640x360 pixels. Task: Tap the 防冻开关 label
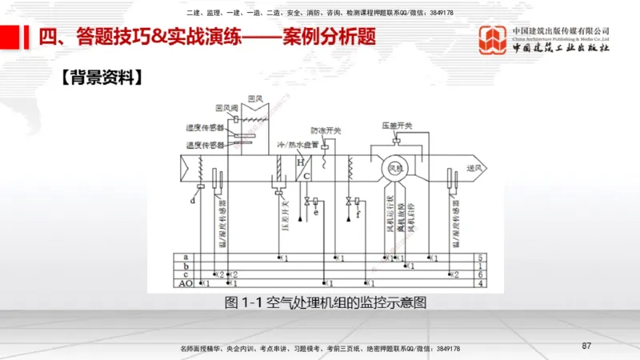click(x=326, y=130)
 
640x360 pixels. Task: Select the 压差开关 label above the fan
click(x=397, y=126)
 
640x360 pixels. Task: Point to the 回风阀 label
click(x=226, y=108)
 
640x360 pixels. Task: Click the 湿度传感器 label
click(x=202, y=126)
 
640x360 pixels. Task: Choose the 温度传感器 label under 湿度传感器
click(x=202, y=145)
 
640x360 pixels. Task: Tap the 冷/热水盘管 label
click(x=298, y=145)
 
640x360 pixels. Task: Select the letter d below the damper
click(x=193, y=201)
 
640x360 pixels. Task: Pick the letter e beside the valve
click(x=316, y=213)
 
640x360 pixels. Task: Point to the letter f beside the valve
click(x=358, y=213)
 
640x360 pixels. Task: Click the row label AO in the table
click(x=186, y=283)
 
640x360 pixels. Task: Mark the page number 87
click(x=586, y=346)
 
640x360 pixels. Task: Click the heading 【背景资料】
click(x=102, y=78)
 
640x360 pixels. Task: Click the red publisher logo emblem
click(x=493, y=38)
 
